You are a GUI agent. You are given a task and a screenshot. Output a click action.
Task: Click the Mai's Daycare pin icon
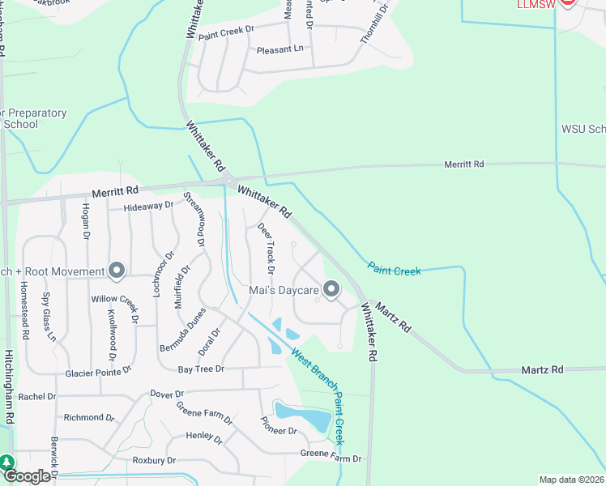pyautogui.click(x=331, y=288)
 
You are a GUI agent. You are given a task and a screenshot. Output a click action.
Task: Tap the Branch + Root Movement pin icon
pyautogui.click(x=117, y=271)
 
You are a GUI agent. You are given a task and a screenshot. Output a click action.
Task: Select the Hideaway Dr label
pyautogui.click(x=149, y=206)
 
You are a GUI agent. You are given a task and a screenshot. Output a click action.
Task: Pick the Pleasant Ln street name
pyautogui.click(x=280, y=49)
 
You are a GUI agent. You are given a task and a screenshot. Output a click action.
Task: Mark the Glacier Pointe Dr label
pyautogui.click(x=98, y=370)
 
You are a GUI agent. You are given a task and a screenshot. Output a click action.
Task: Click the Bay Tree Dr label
pyautogui.click(x=200, y=369)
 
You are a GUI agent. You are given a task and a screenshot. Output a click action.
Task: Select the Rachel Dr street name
pyautogui.click(x=37, y=397)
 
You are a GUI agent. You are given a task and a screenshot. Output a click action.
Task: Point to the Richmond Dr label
pyautogui.click(x=88, y=417)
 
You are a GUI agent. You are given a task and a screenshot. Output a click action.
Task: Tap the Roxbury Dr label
pyautogui.click(x=154, y=460)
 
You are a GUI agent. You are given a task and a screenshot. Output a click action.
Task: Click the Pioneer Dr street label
pyautogui.click(x=278, y=425)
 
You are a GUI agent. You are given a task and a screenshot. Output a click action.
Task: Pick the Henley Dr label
pyautogui.click(x=204, y=438)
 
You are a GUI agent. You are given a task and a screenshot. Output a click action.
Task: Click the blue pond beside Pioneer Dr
pyautogui.click(x=304, y=416)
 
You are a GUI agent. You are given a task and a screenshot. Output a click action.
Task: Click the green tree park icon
pyautogui.click(x=6, y=463)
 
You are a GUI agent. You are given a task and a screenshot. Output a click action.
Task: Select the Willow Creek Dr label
pyautogui.click(x=115, y=299)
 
